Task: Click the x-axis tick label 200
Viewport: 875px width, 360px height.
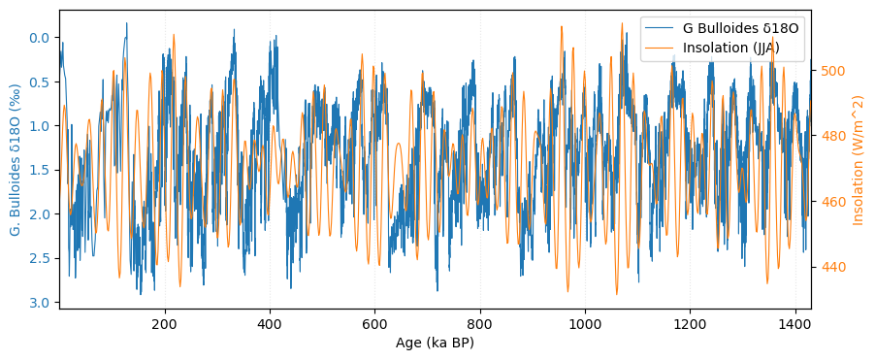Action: tap(165, 324)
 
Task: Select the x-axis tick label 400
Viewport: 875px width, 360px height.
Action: tap(270, 324)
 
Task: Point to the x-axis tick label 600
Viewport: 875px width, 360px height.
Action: tap(374, 324)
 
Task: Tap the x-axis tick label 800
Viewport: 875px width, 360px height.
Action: tap(480, 324)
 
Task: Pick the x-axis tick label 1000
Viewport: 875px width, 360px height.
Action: tap(585, 324)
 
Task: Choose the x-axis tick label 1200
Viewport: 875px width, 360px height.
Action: tap(690, 324)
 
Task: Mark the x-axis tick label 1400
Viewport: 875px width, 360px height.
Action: tap(795, 324)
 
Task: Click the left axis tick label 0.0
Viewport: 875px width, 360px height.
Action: tap(40, 38)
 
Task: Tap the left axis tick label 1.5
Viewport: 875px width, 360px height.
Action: tap(40, 170)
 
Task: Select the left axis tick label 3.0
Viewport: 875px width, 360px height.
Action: tap(40, 303)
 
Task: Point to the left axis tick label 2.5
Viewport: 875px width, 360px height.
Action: tap(40, 258)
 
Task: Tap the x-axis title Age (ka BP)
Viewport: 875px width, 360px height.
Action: tap(435, 343)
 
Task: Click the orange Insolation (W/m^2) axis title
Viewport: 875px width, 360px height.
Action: tap(859, 160)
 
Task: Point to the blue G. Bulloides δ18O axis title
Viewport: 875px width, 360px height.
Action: tap(16, 160)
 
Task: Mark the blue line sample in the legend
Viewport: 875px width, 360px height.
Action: tap(661, 29)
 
